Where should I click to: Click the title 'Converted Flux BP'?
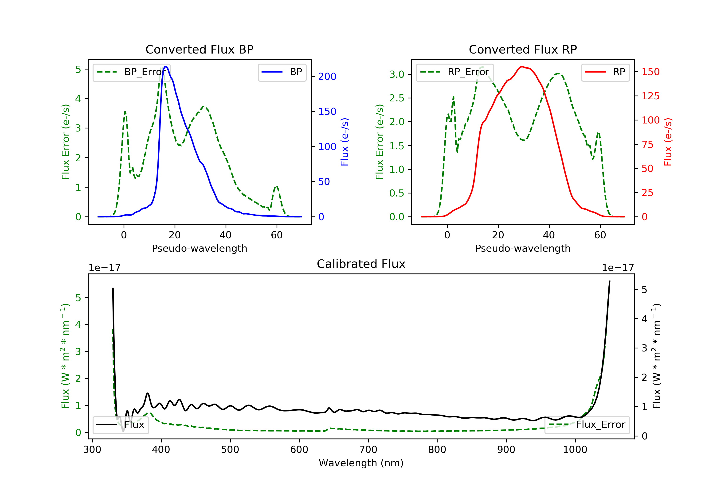199,49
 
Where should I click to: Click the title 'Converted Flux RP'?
523,49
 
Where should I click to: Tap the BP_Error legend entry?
131,72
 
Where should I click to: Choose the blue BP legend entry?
282,72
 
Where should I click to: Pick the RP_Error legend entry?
454,72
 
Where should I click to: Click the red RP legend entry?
605,72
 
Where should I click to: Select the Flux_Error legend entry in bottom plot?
587,425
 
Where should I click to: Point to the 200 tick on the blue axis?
327,76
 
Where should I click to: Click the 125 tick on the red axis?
650,96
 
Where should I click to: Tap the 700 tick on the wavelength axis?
368,450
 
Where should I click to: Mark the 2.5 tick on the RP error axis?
396,98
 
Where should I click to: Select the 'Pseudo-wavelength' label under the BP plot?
199,248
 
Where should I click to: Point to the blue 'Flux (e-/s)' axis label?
345,142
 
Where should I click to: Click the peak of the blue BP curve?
166,67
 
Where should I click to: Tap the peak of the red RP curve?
522,67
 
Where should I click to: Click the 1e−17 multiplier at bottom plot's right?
618,268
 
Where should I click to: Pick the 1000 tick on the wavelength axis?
575,450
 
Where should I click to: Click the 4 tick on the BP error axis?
78,99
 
